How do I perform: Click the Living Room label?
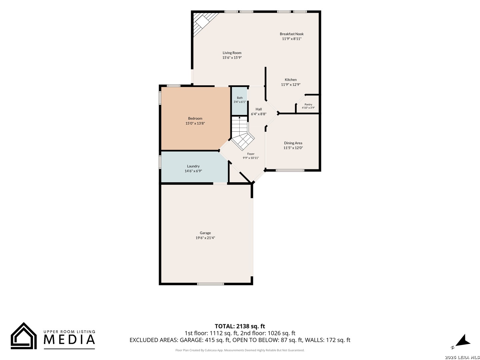pos(232,53)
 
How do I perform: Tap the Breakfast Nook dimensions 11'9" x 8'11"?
pos(291,39)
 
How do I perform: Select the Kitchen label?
pos(291,80)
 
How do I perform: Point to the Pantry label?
pos(308,104)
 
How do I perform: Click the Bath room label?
pos(240,98)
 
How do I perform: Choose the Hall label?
pos(258,109)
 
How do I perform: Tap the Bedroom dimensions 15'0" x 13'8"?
pos(195,123)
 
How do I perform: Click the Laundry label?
pos(193,166)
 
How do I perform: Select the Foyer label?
pos(251,154)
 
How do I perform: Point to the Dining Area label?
pos(293,143)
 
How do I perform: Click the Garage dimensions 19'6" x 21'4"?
pos(205,238)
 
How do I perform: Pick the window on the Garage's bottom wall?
pos(210,284)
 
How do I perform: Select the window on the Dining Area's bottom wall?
pos(290,170)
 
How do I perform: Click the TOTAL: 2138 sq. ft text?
pos(240,326)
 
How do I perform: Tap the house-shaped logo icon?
pos(24,336)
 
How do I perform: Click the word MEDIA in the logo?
pos(69,339)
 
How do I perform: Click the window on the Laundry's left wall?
pos(160,162)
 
